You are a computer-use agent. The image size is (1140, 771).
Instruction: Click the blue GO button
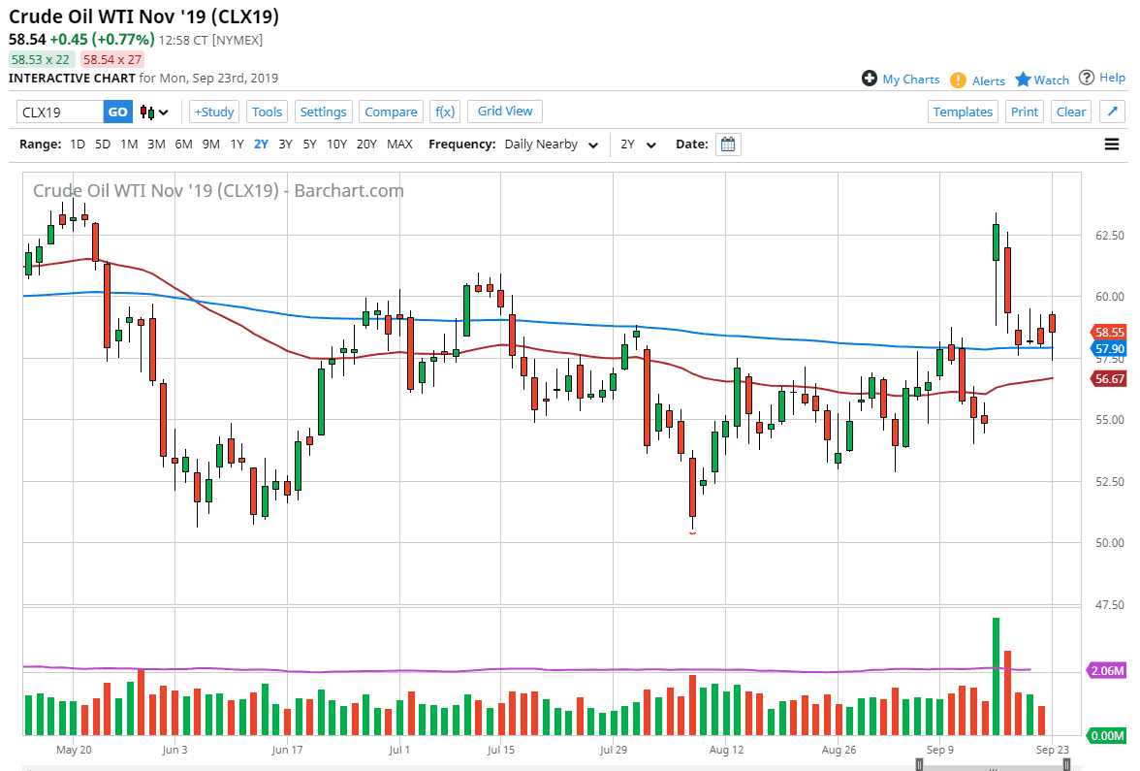[x=117, y=112]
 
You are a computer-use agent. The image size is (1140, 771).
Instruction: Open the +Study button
[x=213, y=112]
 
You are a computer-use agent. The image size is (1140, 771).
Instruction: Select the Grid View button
[x=505, y=111]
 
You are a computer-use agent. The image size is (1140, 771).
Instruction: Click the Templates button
[x=963, y=112]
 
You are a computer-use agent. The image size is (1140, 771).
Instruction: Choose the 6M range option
[x=183, y=144]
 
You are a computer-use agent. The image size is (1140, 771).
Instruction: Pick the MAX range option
[x=399, y=144]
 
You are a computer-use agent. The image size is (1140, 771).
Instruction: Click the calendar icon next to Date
[x=728, y=145]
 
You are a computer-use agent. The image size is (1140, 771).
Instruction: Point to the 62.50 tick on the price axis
[x=1108, y=236]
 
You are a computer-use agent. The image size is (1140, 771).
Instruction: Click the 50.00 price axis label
[x=1108, y=543]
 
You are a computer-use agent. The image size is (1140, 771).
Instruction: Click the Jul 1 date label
[x=399, y=750]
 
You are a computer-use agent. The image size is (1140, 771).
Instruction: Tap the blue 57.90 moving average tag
[x=1108, y=348]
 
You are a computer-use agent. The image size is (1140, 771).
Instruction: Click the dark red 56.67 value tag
[x=1108, y=379]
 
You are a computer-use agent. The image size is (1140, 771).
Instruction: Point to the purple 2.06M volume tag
[x=1108, y=670]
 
